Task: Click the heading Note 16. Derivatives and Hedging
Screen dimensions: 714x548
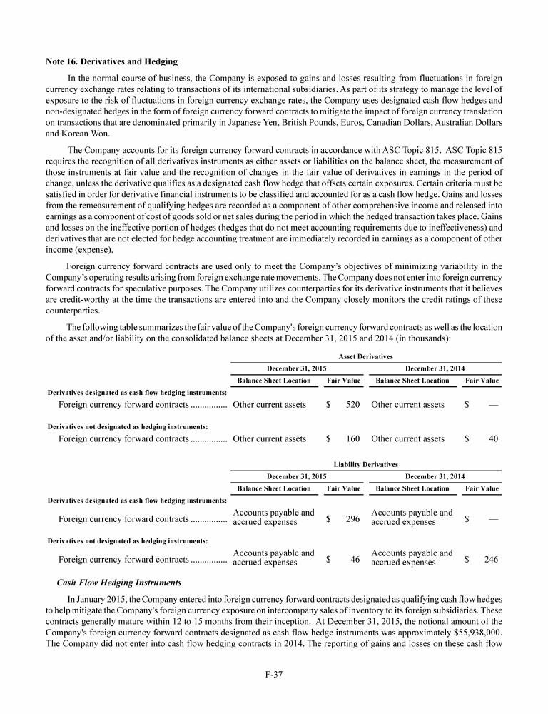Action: click(x=111, y=62)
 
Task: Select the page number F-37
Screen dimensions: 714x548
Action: click(x=274, y=675)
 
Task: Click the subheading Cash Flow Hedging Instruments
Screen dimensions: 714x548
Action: click(x=119, y=583)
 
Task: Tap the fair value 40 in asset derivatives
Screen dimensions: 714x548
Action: click(x=493, y=439)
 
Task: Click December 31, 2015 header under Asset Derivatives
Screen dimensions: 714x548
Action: click(x=296, y=368)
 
